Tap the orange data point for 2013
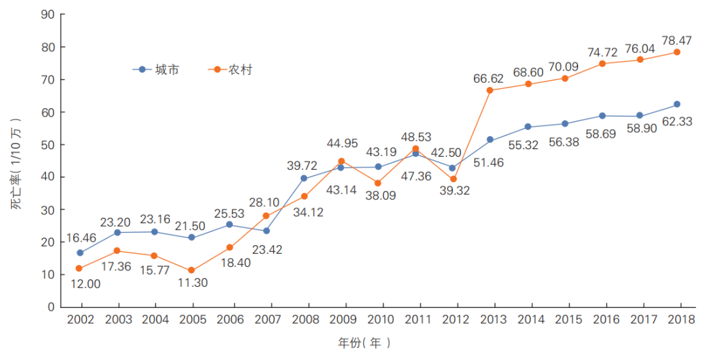click(490, 90)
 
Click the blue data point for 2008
click(304, 179)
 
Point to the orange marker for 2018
click(677, 52)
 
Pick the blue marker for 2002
click(80, 253)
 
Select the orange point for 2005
click(192, 270)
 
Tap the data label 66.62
click(490, 78)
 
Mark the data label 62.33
click(677, 123)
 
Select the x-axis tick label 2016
click(602, 320)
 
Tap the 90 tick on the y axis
click(48, 14)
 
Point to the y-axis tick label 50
click(48, 144)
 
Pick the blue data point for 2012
click(453, 168)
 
